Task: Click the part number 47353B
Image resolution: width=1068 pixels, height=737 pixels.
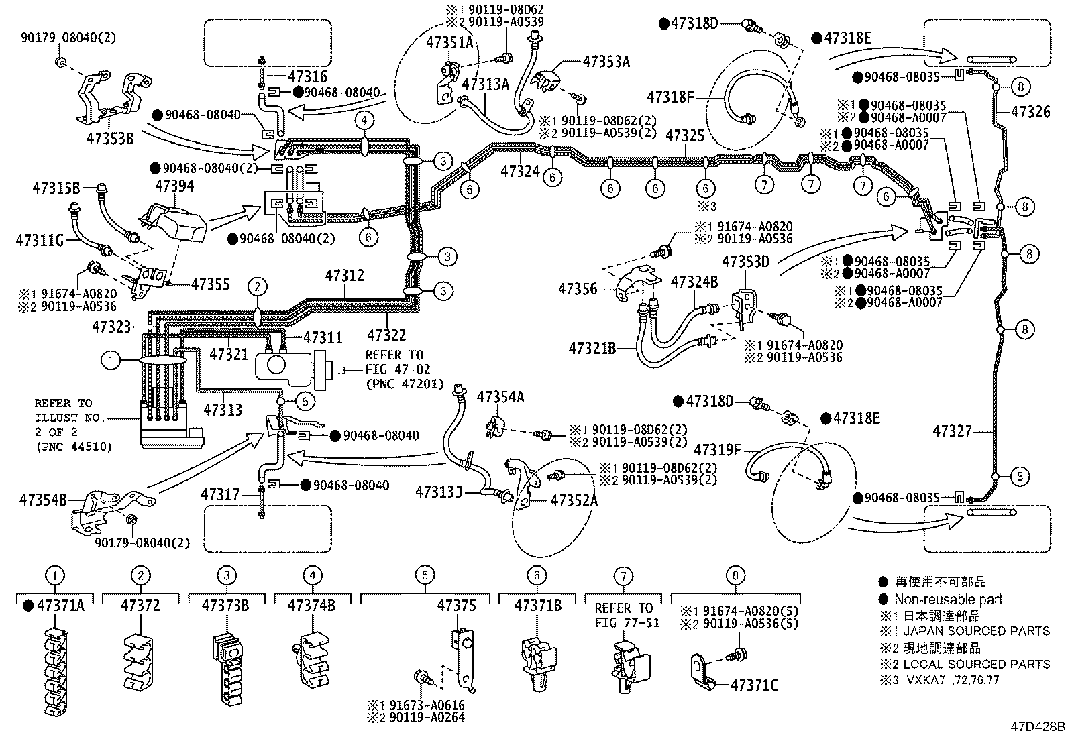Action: click(x=110, y=139)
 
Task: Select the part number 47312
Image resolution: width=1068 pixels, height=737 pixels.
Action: click(x=345, y=275)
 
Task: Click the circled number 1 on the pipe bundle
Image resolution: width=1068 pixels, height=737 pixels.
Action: click(x=111, y=361)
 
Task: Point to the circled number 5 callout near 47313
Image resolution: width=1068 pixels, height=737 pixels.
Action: click(x=305, y=401)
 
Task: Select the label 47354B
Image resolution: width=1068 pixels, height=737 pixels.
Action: click(x=43, y=500)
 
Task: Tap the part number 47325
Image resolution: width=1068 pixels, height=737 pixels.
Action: click(x=685, y=136)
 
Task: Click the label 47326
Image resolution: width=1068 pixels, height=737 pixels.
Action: click(x=1031, y=112)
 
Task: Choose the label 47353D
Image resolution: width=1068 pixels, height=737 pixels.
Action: click(x=745, y=261)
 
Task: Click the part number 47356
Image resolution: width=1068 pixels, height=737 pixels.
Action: click(x=578, y=289)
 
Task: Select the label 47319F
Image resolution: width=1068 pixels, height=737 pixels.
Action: click(x=718, y=449)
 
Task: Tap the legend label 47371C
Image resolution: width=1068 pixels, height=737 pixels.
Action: click(x=754, y=685)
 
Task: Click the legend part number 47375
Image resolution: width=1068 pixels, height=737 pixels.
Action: click(x=456, y=605)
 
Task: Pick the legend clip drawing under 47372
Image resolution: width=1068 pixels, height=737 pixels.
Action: click(x=140, y=661)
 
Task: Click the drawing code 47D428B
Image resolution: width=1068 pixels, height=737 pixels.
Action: click(x=1038, y=727)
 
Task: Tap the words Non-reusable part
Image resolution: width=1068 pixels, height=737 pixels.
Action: click(x=948, y=600)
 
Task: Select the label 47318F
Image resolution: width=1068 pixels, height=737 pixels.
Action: click(x=671, y=97)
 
